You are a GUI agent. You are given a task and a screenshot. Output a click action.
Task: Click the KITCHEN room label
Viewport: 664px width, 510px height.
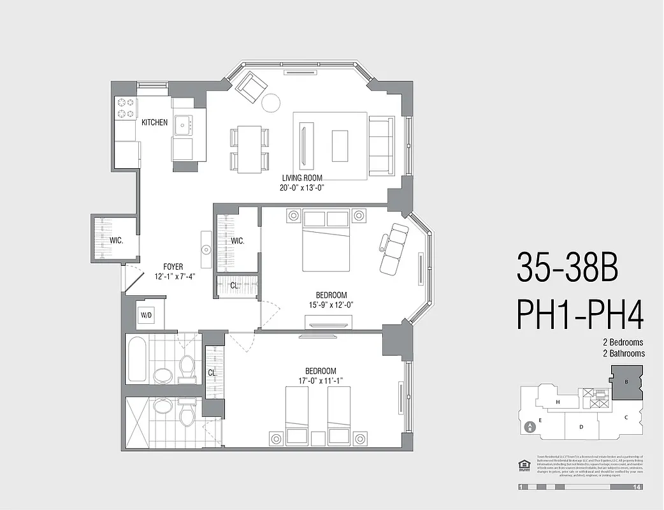(154, 122)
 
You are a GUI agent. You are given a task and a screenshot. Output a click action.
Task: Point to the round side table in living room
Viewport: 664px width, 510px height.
(272, 102)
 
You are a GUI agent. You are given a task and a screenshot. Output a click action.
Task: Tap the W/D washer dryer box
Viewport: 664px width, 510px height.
(146, 314)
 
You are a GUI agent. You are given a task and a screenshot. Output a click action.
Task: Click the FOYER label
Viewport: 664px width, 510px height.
(173, 267)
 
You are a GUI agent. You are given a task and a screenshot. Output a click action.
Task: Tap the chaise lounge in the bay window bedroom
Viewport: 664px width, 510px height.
(393, 248)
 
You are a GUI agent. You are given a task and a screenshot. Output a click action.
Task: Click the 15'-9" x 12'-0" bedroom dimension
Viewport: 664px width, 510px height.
(331, 305)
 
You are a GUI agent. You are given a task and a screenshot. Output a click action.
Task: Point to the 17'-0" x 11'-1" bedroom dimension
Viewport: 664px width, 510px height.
(321, 381)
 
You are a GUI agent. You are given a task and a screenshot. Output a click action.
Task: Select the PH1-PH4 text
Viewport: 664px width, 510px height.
(580, 314)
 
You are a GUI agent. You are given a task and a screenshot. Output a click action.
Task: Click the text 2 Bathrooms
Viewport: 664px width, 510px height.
(617, 353)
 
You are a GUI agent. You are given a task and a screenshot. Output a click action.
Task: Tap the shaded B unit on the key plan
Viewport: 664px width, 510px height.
(626, 382)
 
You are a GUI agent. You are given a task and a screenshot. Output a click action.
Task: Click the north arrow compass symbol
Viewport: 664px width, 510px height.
(528, 428)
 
